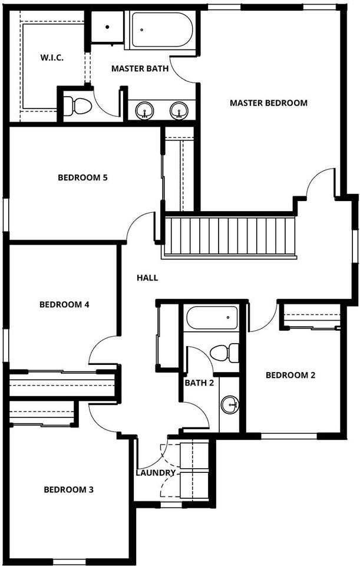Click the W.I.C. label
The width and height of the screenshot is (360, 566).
(52, 57)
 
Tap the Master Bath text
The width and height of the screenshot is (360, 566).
(140, 68)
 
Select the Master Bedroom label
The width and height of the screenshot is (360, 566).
(269, 103)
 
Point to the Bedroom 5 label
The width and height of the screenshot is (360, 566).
(82, 177)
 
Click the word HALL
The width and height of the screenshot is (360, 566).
(147, 278)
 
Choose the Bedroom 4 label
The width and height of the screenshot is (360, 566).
(64, 304)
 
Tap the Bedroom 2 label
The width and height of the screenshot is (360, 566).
(290, 375)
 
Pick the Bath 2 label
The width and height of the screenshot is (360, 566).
(199, 383)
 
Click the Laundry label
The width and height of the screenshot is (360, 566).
(156, 472)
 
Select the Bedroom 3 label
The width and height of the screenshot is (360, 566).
(68, 490)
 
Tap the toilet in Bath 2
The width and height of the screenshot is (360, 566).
(224, 353)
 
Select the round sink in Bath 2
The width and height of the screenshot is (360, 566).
(229, 404)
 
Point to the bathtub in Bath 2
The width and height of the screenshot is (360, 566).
(212, 318)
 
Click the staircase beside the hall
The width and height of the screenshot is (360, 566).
(230, 236)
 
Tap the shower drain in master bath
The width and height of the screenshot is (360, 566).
(107, 27)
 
